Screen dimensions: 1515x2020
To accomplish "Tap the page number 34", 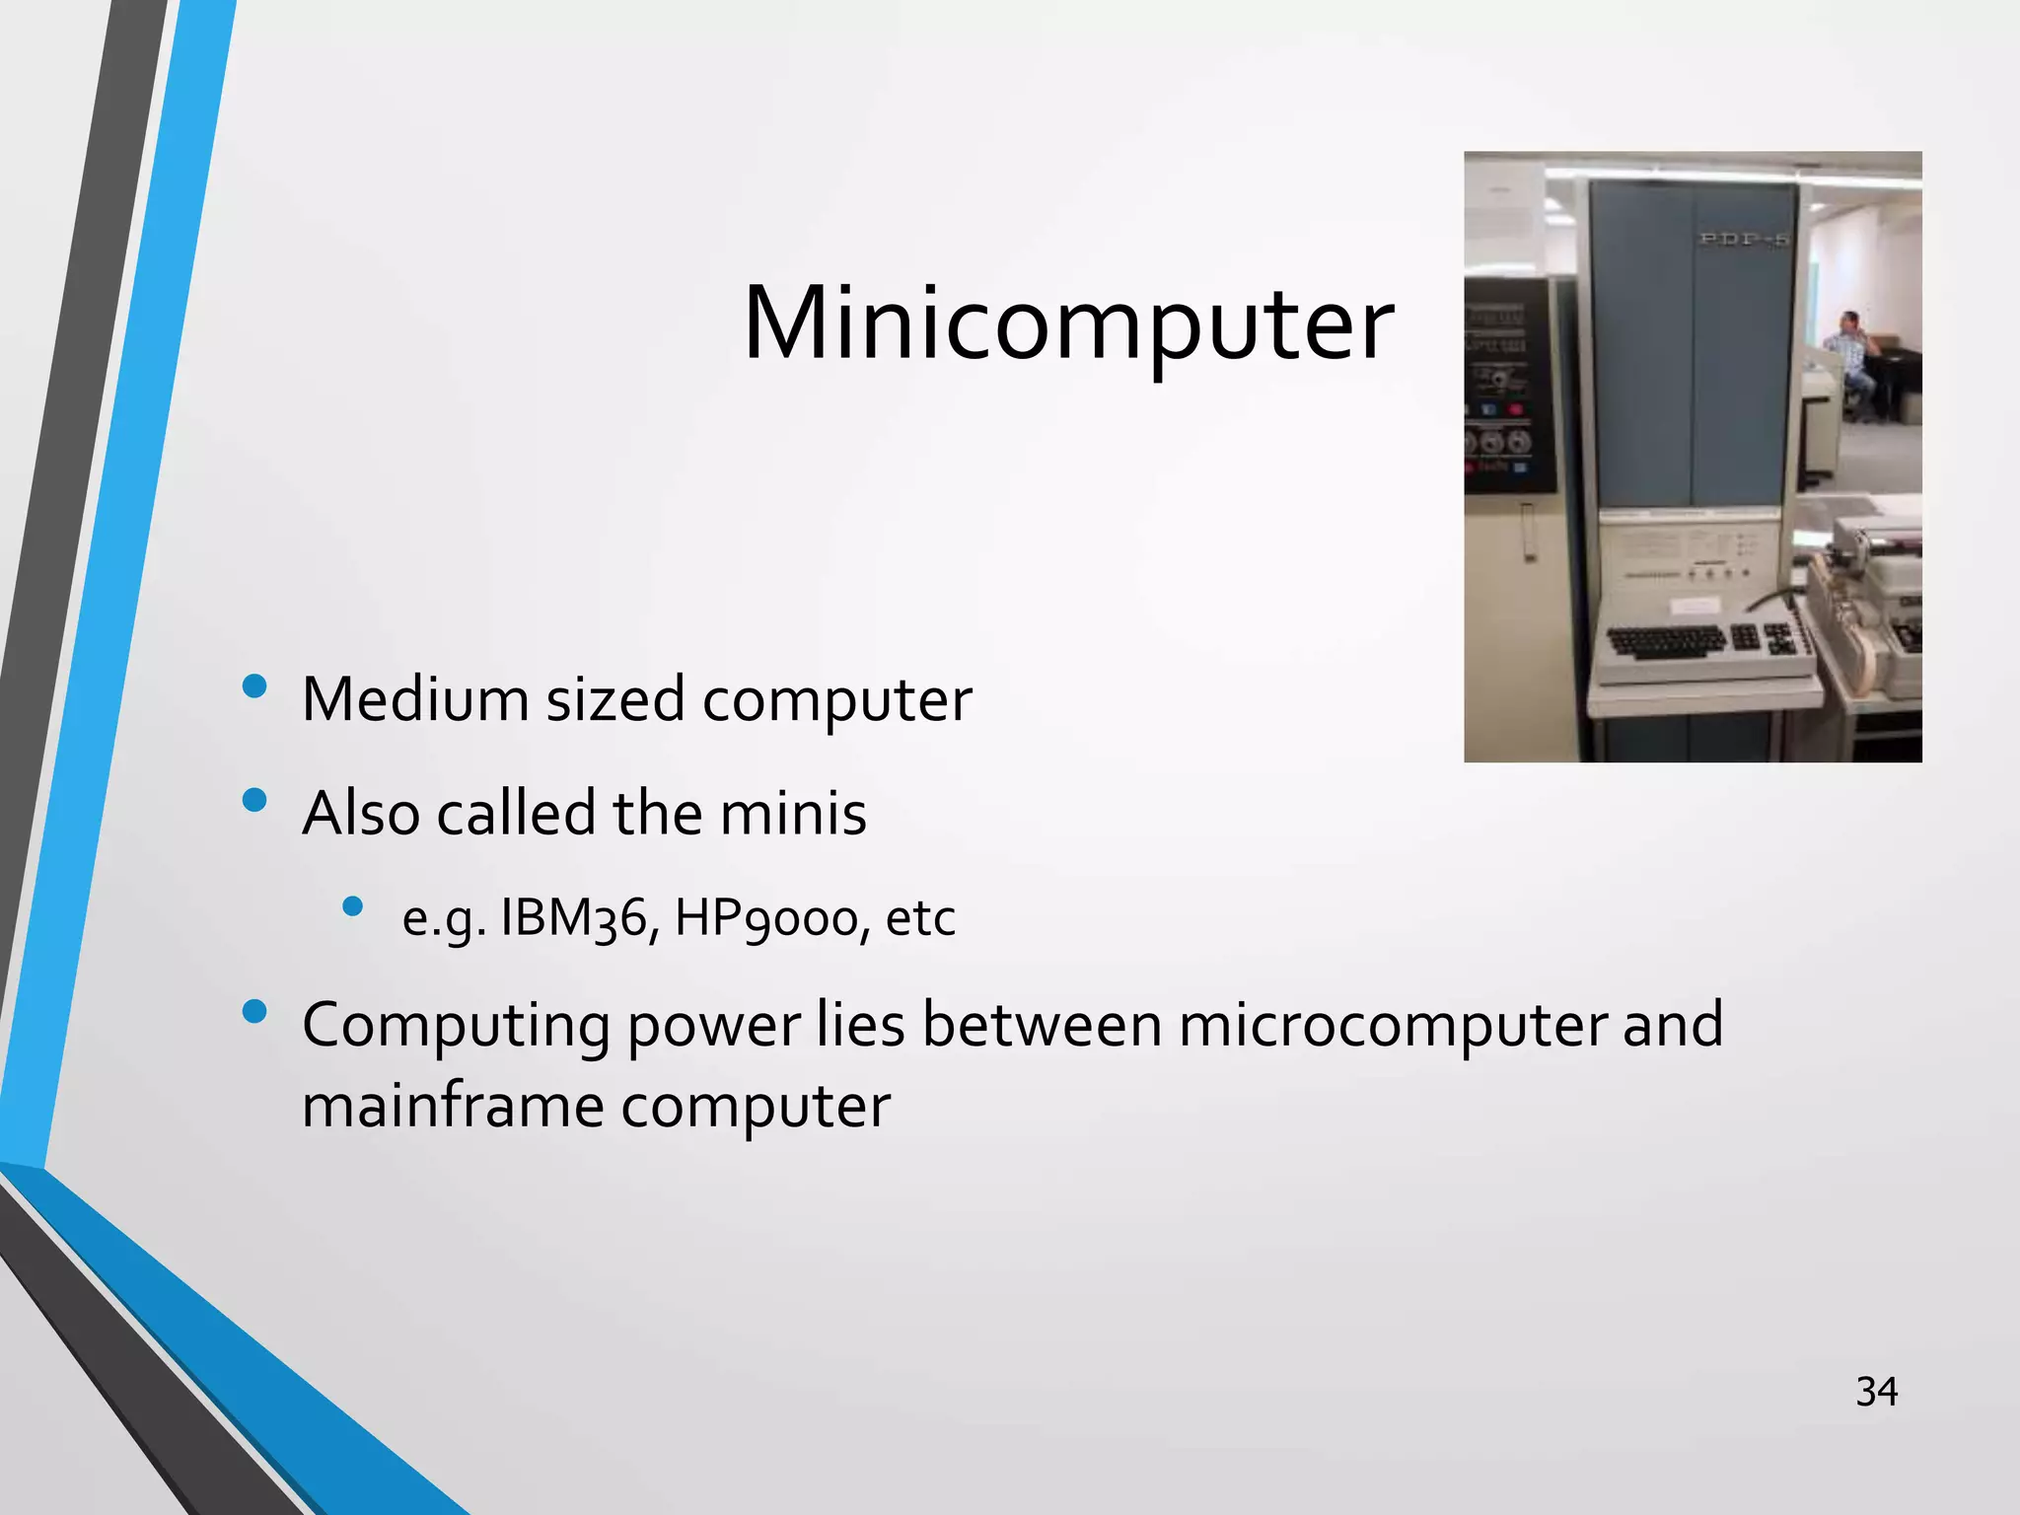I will point(1876,1392).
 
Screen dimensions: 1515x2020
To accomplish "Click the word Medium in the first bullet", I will point(415,699).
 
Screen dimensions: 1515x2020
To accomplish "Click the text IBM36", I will point(572,919).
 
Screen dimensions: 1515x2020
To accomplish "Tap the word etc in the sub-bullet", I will point(920,919).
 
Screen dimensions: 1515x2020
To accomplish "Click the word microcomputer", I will point(1393,1025).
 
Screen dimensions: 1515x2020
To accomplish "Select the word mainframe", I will point(452,1107).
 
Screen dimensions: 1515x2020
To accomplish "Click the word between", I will point(1042,1025).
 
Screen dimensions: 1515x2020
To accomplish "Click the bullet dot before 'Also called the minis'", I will point(254,800).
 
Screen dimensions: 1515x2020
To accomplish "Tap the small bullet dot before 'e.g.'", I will point(353,905).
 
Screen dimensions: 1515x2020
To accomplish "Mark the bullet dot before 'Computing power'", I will point(254,1011).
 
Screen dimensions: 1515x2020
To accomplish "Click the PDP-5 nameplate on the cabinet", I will point(1743,239).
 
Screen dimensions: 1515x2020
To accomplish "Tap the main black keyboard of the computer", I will point(1667,642).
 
